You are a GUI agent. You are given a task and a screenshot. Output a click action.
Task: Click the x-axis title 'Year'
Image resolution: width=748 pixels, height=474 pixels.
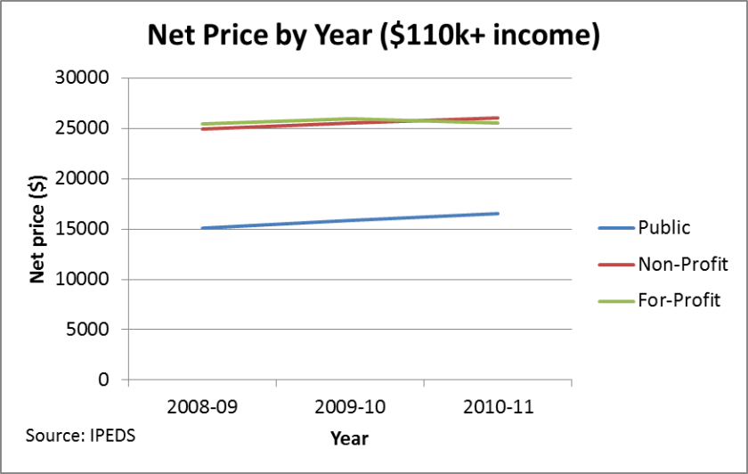349,438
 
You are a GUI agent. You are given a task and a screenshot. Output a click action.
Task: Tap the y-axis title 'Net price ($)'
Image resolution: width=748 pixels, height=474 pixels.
38,229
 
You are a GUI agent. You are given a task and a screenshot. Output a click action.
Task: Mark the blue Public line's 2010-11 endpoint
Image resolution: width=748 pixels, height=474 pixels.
498,213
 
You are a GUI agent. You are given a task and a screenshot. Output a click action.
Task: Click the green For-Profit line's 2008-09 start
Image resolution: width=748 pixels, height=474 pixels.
202,124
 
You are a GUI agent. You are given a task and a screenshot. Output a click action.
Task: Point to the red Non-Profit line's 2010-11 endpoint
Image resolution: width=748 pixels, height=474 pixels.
498,118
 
